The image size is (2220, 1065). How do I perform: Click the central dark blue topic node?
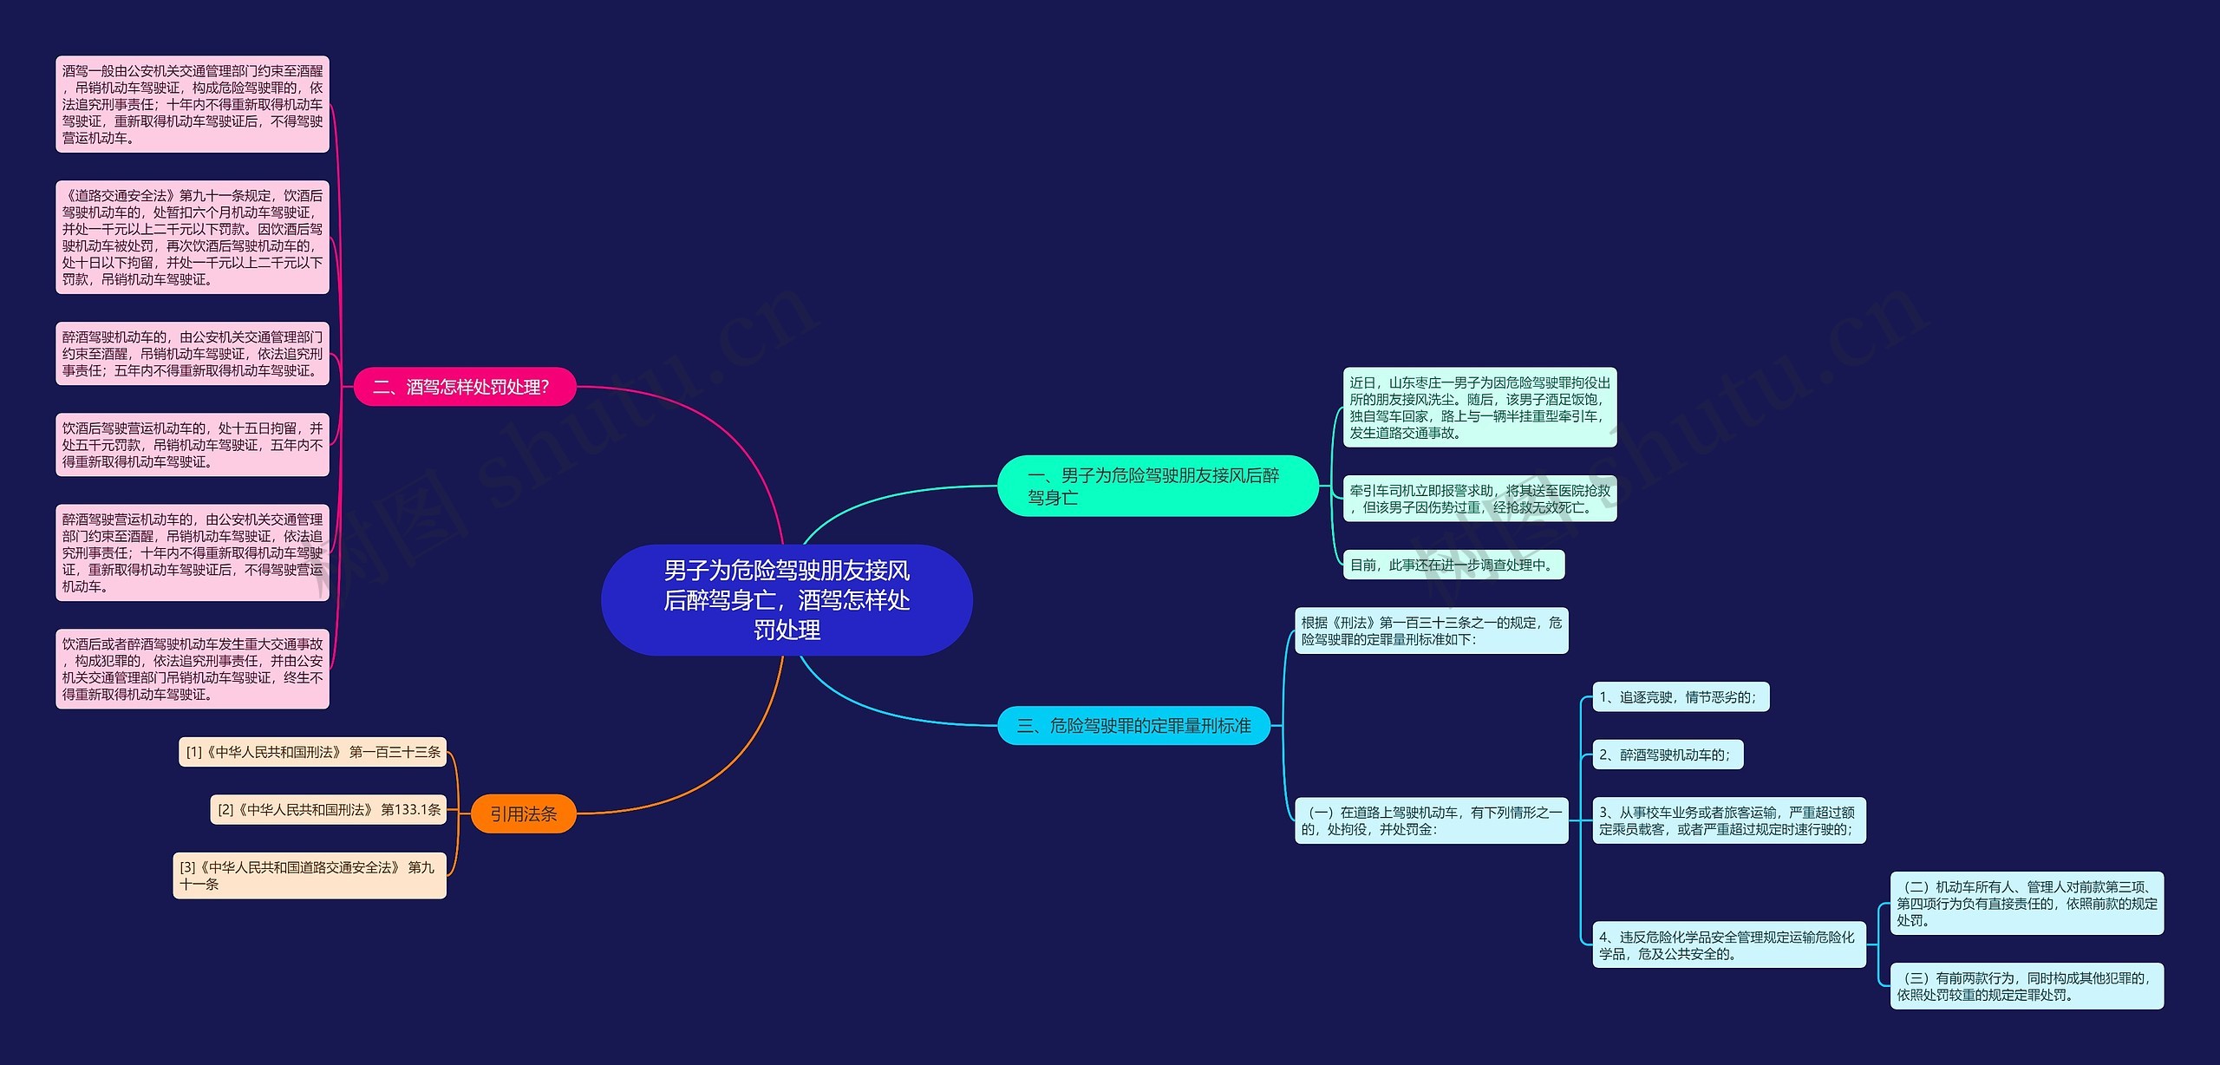tap(787, 600)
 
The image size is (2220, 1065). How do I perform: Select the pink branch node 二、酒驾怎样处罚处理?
tap(464, 387)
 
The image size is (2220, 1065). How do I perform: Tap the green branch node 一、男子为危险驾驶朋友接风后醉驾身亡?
tap(1157, 486)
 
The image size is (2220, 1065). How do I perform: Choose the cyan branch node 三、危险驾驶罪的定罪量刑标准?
tap(1133, 726)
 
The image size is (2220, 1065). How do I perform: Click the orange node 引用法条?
tap(523, 814)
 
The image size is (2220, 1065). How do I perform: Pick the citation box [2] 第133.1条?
tap(329, 810)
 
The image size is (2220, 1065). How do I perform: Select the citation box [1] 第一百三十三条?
tap(312, 752)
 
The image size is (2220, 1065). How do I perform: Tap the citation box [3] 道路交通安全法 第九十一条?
tap(310, 876)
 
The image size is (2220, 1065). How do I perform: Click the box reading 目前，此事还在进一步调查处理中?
tap(1453, 565)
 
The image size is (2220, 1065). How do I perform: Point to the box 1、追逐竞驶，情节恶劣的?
tap(1680, 697)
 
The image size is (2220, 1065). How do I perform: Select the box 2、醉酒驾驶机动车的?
tap(1667, 755)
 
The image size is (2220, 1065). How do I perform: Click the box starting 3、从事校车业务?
tap(1728, 820)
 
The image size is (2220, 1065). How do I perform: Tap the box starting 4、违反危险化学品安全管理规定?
tap(1728, 945)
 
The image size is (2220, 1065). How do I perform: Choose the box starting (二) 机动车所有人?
tap(2027, 904)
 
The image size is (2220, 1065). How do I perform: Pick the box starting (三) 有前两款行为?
tap(2027, 986)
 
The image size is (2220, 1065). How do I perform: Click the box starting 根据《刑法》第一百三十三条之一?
tap(1431, 631)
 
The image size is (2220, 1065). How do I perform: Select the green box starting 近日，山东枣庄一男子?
tap(1479, 408)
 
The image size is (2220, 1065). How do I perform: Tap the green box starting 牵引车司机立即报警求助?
tap(1479, 499)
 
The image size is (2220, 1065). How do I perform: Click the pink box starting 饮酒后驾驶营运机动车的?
tap(193, 445)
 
